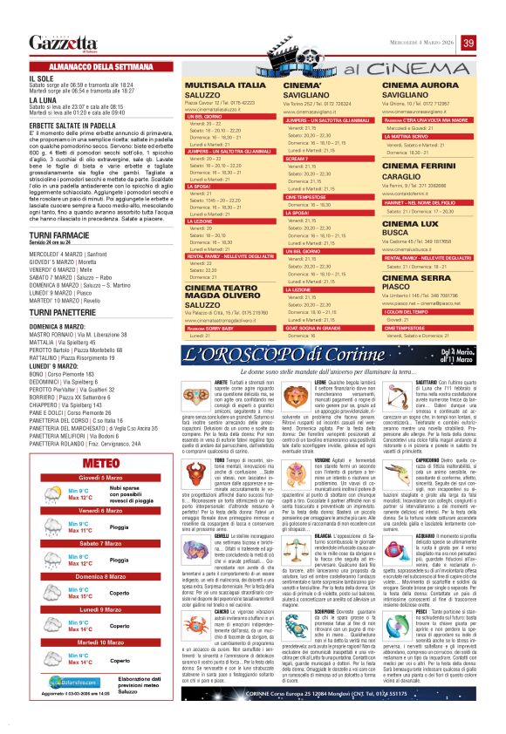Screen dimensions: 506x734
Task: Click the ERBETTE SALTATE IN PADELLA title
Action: (72, 124)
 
